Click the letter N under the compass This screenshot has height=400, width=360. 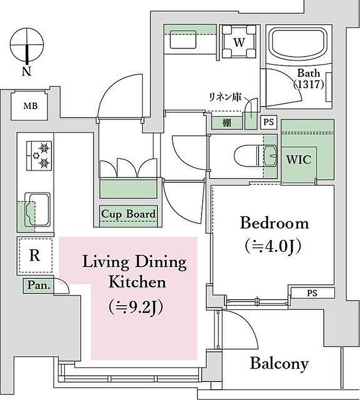27,71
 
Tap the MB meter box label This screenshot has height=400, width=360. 30,106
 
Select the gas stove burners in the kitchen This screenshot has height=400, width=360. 39,155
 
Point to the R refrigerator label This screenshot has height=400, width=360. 34,255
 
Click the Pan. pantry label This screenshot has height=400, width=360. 39,285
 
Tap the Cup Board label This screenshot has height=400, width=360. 128,214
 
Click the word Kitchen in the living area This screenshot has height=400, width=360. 137,283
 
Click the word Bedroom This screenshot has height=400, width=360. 275,223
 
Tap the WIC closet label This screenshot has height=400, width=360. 299,160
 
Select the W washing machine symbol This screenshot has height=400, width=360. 239,42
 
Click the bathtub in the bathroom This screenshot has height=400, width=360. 298,44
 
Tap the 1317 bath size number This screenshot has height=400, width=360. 309,84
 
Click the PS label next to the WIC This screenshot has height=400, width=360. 268,123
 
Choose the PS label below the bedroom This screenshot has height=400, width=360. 312,293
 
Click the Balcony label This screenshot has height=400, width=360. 279,364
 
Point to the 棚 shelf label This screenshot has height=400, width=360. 226,123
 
